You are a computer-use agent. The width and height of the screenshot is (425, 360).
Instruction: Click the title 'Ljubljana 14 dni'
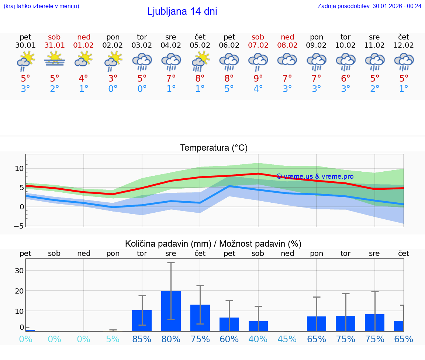click(x=182, y=11)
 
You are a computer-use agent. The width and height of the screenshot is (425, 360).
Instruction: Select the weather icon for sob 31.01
click(x=55, y=59)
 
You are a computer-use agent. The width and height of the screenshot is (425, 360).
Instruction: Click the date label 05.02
click(x=200, y=45)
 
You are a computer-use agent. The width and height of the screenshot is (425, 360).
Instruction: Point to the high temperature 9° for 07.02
click(x=258, y=78)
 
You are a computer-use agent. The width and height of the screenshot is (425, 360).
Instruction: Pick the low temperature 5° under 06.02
click(x=229, y=89)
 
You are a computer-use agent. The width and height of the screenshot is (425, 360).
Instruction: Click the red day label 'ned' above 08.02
click(x=287, y=37)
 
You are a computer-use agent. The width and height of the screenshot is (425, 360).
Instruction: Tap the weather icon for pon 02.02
click(x=113, y=60)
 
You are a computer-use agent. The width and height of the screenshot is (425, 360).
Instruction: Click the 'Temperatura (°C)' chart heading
click(x=214, y=148)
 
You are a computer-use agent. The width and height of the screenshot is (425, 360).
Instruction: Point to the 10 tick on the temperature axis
click(x=19, y=168)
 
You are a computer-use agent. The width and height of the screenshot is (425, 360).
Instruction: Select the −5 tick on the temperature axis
click(x=19, y=226)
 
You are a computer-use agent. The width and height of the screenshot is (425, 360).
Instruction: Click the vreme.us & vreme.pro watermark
click(x=315, y=176)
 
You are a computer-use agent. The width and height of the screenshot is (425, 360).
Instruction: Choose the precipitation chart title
click(x=213, y=244)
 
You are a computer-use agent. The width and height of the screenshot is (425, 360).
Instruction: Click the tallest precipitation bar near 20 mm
click(x=171, y=311)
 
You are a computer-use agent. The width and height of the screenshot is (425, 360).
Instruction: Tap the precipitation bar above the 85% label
click(x=142, y=320)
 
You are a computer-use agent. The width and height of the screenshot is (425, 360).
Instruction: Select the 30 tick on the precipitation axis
click(x=19, y=271)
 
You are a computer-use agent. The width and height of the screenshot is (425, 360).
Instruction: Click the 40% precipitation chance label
click(x=258, y=339)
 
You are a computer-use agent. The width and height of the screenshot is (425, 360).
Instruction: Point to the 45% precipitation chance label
click(x=287, y=339)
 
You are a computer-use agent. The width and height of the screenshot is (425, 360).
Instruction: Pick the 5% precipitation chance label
click(x=113, y=339)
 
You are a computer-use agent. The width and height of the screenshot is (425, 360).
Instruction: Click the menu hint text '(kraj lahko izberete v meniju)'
click(x=41, y=6)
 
